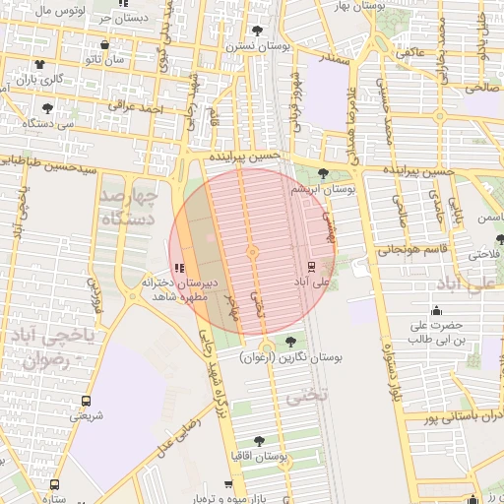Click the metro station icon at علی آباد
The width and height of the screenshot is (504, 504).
[x=312, y=265]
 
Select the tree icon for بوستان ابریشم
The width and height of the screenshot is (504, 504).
[x=323, y=173]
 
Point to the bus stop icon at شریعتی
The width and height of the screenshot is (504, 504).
[x=86, y=401]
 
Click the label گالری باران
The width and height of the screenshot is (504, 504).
[x=43, y=78]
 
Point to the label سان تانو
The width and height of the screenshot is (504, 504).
[x=103, y=60]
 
